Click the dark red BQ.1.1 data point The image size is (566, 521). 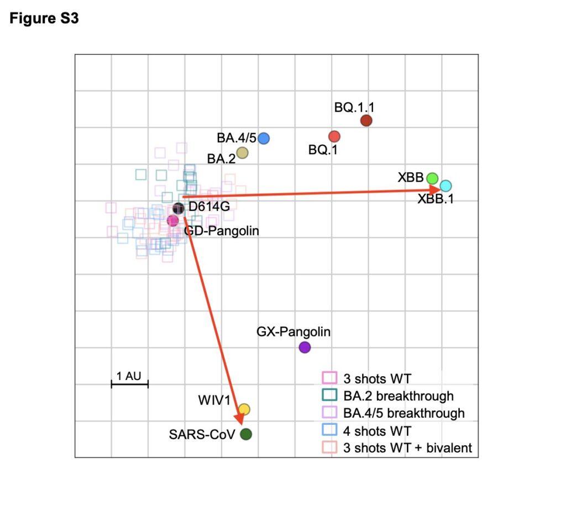tap(366, 120)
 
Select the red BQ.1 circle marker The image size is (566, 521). tap(334, 136)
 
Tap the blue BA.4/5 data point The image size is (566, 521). tap(264, 138)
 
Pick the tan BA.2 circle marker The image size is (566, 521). tap(242, 152)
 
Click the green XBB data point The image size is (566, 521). tap(432, 178)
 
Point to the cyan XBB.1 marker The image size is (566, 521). tap(446, 186)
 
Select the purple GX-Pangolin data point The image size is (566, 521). tap(305, 348)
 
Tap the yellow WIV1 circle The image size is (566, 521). tap(244, 409)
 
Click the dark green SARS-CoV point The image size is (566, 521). tap(246, 434)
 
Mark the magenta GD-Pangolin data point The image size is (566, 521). tap(173, 220)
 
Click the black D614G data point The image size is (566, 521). tap(178, 208)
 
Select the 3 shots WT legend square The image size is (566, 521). tap(329, 378)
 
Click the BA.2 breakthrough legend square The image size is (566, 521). tap(329, 396)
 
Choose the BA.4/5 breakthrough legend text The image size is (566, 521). tap(403, 413)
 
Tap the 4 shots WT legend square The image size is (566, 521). tap(329, 430)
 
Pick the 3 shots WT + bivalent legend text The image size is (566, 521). tap(407, 448)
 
